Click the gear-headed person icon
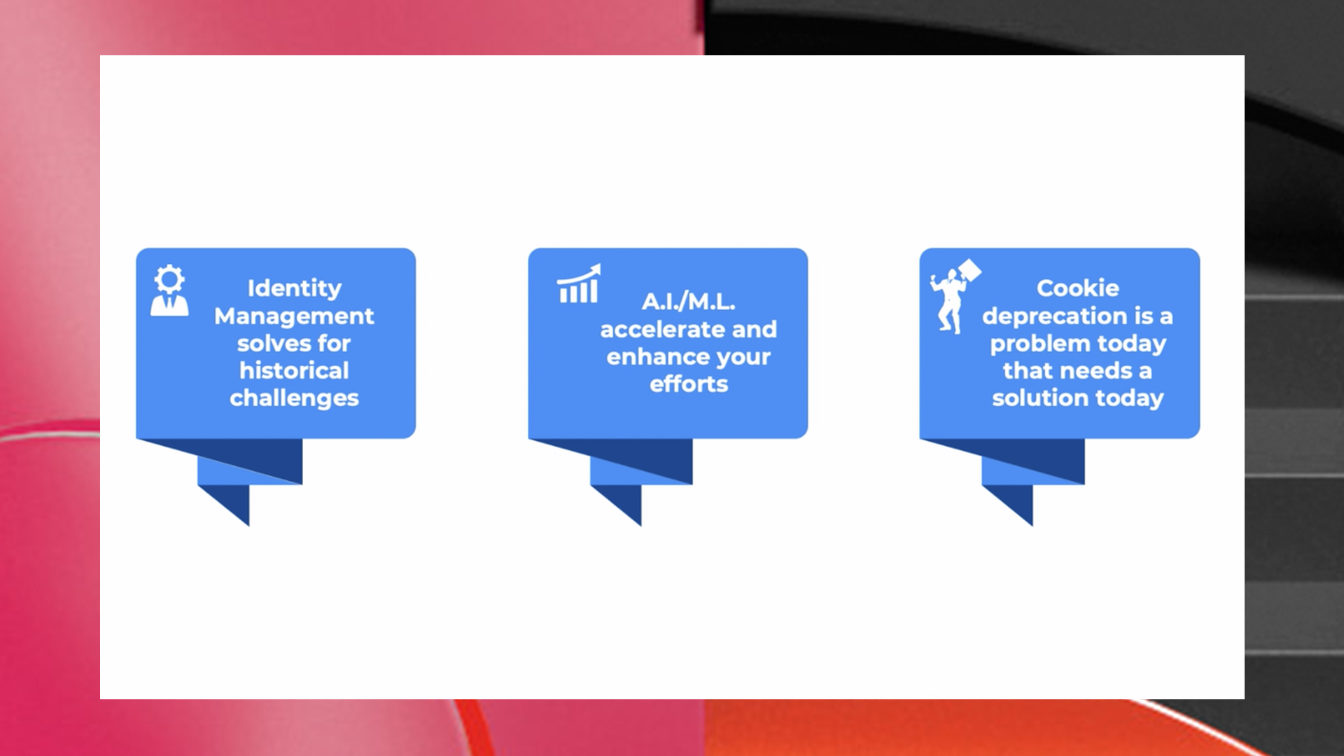pyautogui.click(x=169, y=290)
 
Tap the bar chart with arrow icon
pyautogui.click(x=579, y=283)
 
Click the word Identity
pyautogui.click(x=295, y=288)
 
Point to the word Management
pyautogui.click(x=294, y=316)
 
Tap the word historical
pyautogui.click(x=294, y=370)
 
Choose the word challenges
pyautogui.click(x=294, y=398)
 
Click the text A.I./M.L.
pyautogui.click(x=689, y=302)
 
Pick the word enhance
pyautogui.click(x=657, y=356)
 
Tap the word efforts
pyautogui.click(x=689, y=384)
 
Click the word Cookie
pyautogui.click(x=1078, y=288)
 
